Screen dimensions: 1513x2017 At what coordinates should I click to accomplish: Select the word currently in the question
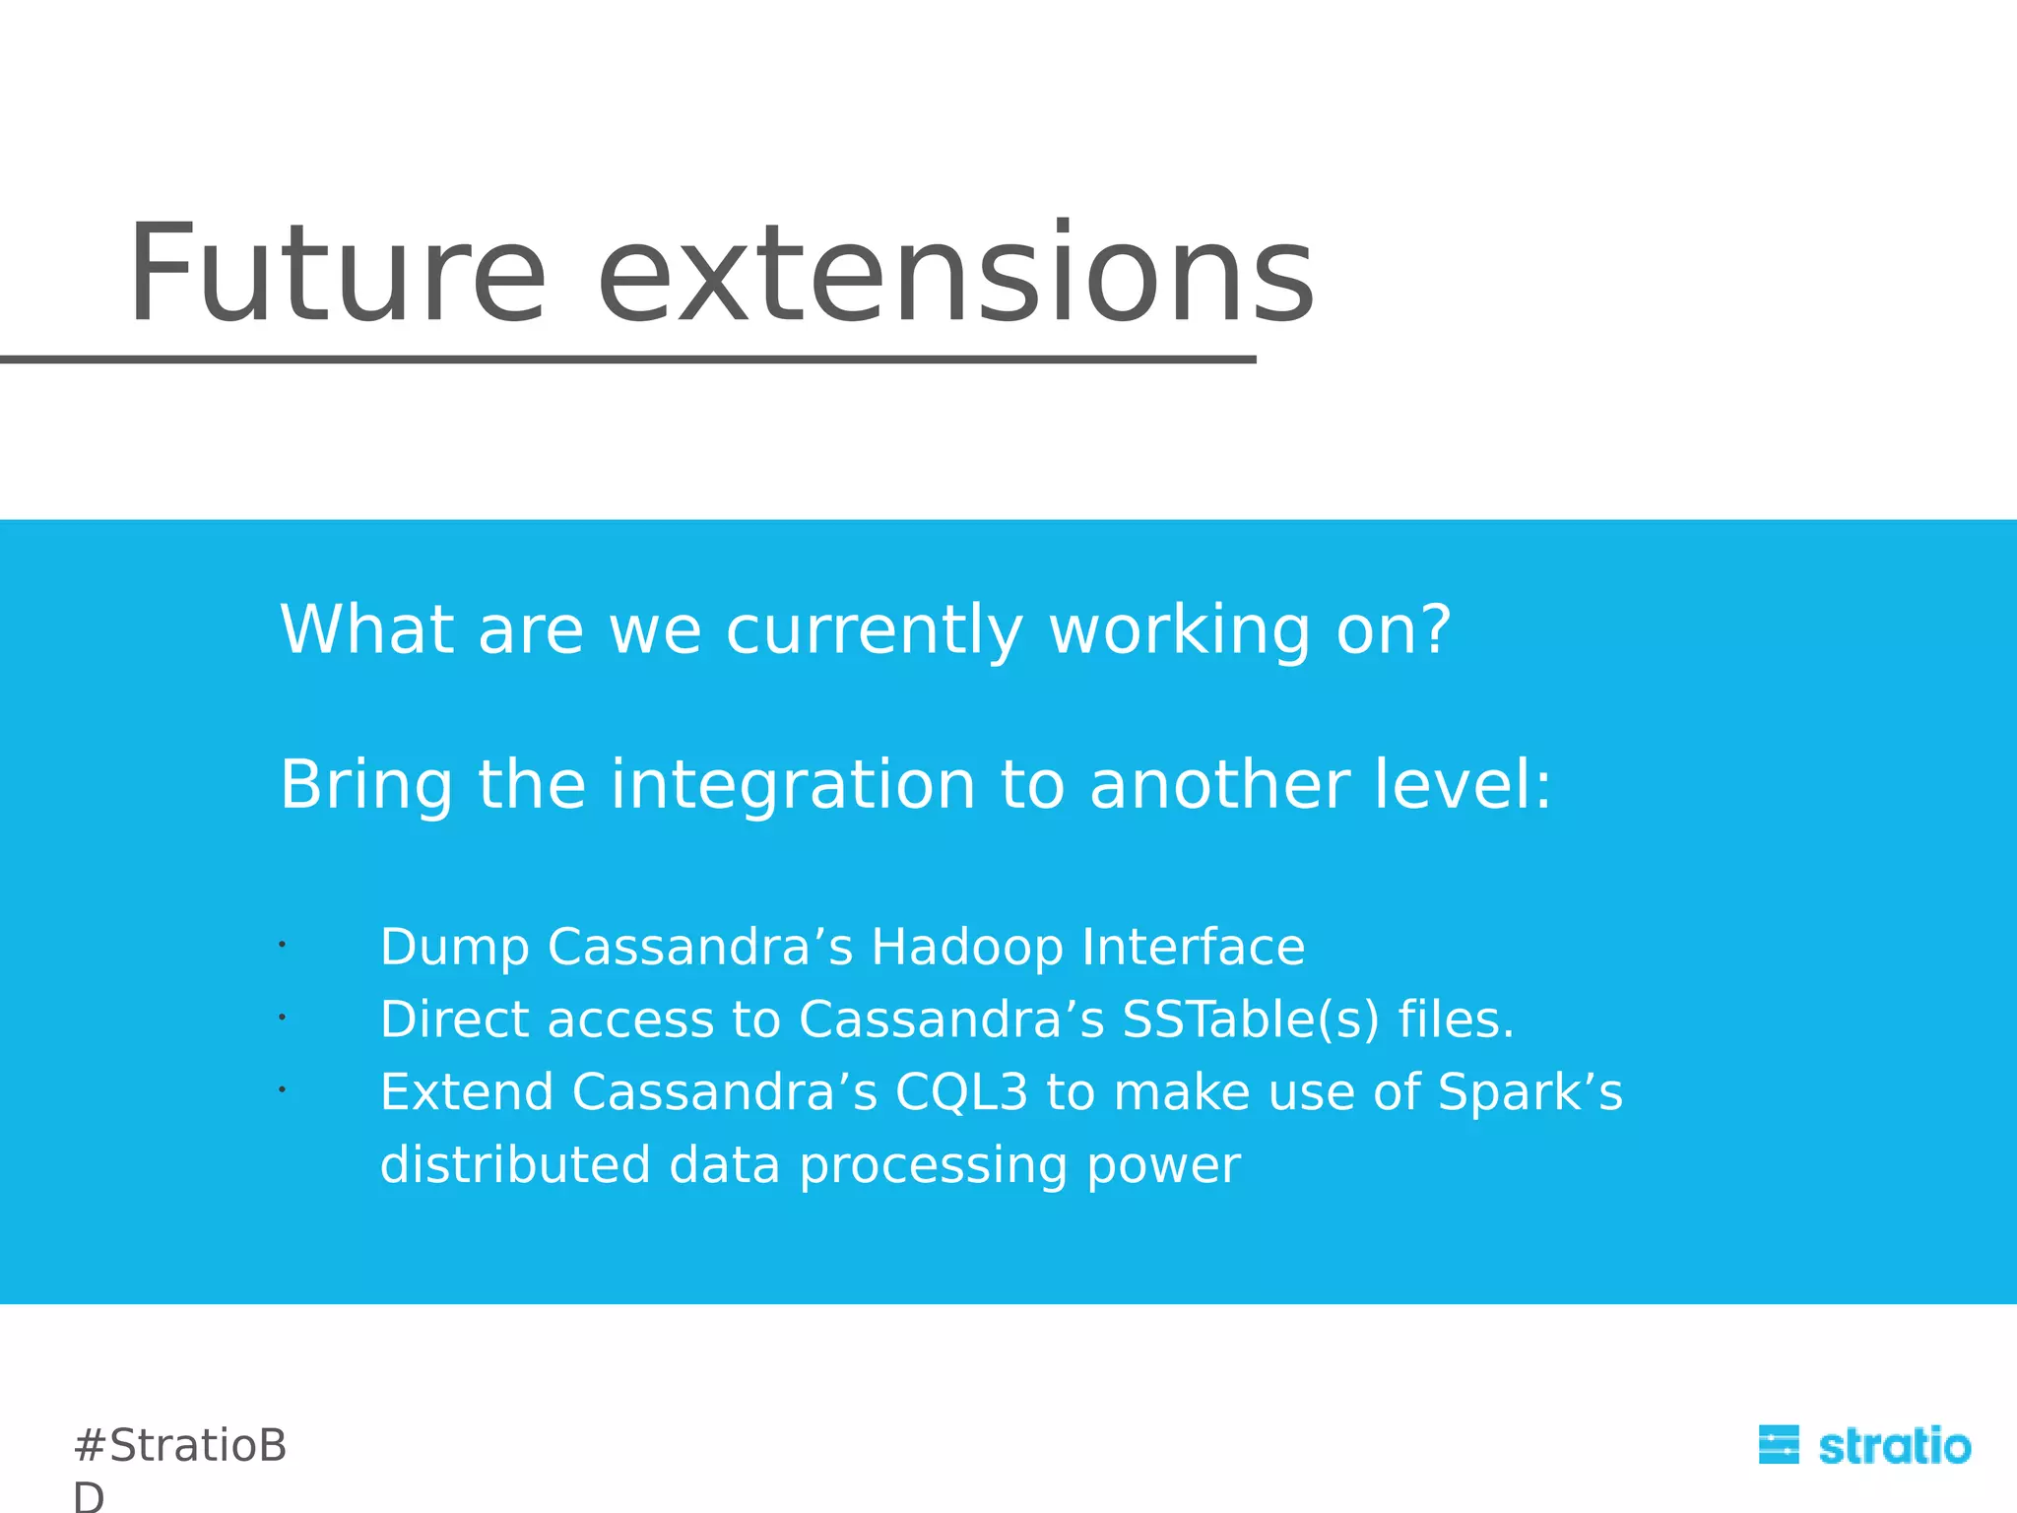(875, 630)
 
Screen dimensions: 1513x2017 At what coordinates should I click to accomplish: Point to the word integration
(793, 785)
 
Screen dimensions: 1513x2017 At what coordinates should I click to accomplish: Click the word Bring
(366, 785)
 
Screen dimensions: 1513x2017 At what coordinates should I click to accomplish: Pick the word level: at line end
(1463, 785)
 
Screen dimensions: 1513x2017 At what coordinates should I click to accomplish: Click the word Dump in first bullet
(454, 948)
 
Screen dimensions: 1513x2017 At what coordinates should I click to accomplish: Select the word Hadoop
(967, 948)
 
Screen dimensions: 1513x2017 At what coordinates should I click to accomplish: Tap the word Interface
(1193, 948)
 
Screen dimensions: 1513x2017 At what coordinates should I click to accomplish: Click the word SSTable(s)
(1251, 1020)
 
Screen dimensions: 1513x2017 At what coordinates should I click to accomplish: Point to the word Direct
(454, 1020)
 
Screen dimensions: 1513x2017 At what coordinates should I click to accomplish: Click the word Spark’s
(1529, 1092)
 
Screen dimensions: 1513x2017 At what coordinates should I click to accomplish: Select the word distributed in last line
(515, 1165)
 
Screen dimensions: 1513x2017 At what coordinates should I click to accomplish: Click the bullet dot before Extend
(282, 1089)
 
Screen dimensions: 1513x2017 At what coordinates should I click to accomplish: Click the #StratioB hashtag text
(180, 1446)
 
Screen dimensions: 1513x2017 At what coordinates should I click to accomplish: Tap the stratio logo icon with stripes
(1779, 1445)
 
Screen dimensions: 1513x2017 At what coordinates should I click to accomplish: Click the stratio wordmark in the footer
(1894, 1446)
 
